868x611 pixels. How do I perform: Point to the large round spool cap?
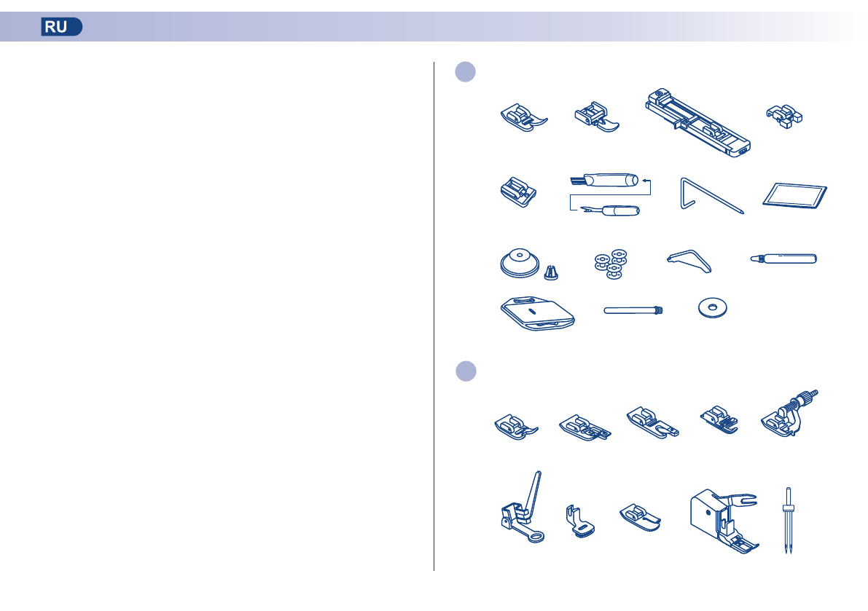click(520, 261)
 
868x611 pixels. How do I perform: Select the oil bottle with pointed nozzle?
click(783, 259)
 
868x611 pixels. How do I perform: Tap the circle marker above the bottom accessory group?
click(466, 370)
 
